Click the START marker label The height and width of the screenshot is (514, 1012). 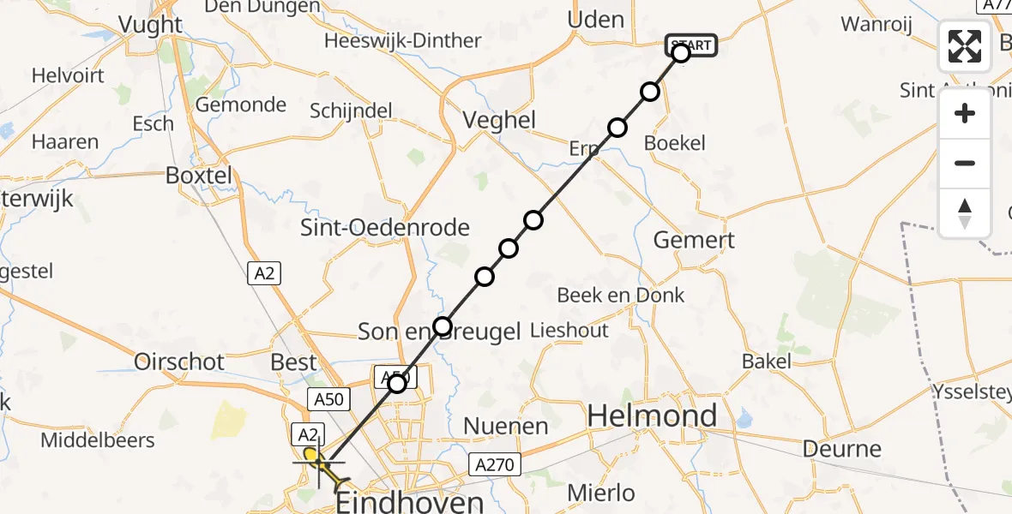click(x=690, y=45)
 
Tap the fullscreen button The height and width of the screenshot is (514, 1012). click(x=965, y=46)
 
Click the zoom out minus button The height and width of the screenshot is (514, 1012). click(x=965, y=164)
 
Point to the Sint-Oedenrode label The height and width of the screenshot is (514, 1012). click(x=385, y=228)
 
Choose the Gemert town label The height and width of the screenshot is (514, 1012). click(x=694, y=240)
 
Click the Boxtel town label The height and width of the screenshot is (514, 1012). click(x=199, y=176)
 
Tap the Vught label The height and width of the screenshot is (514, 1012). click(x=152, y=25)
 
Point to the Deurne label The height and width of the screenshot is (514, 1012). click(x=842, y=449)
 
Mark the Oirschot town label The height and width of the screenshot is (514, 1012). click(x=179, y=362)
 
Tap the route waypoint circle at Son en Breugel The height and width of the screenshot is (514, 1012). click(x=442, y=326)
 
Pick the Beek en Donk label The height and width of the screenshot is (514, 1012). click(x=620, y=296)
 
